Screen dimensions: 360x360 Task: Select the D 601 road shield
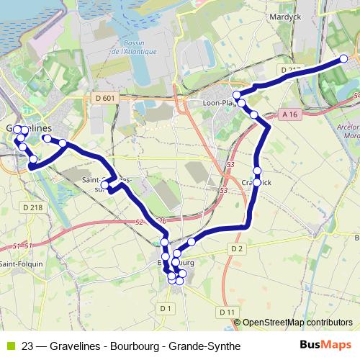click(x=104, y=98)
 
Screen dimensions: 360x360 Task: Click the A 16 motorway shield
click(x=289, y=114)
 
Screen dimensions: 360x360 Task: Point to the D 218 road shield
click(x=32, y=207)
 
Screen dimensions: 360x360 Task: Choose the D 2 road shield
click(x=238, y=249)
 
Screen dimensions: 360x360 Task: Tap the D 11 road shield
click(x=227, y=312)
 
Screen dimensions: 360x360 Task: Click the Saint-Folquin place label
click(x=20, y=264)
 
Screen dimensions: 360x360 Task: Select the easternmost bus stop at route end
click(x=343, y=58)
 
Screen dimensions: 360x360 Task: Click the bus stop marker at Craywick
click(x=256, y=182)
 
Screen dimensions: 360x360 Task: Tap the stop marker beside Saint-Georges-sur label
click(x=105, y=186)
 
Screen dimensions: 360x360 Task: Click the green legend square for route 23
click(x=9, y=346)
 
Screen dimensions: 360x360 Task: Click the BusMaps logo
click(x=325, y=345)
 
